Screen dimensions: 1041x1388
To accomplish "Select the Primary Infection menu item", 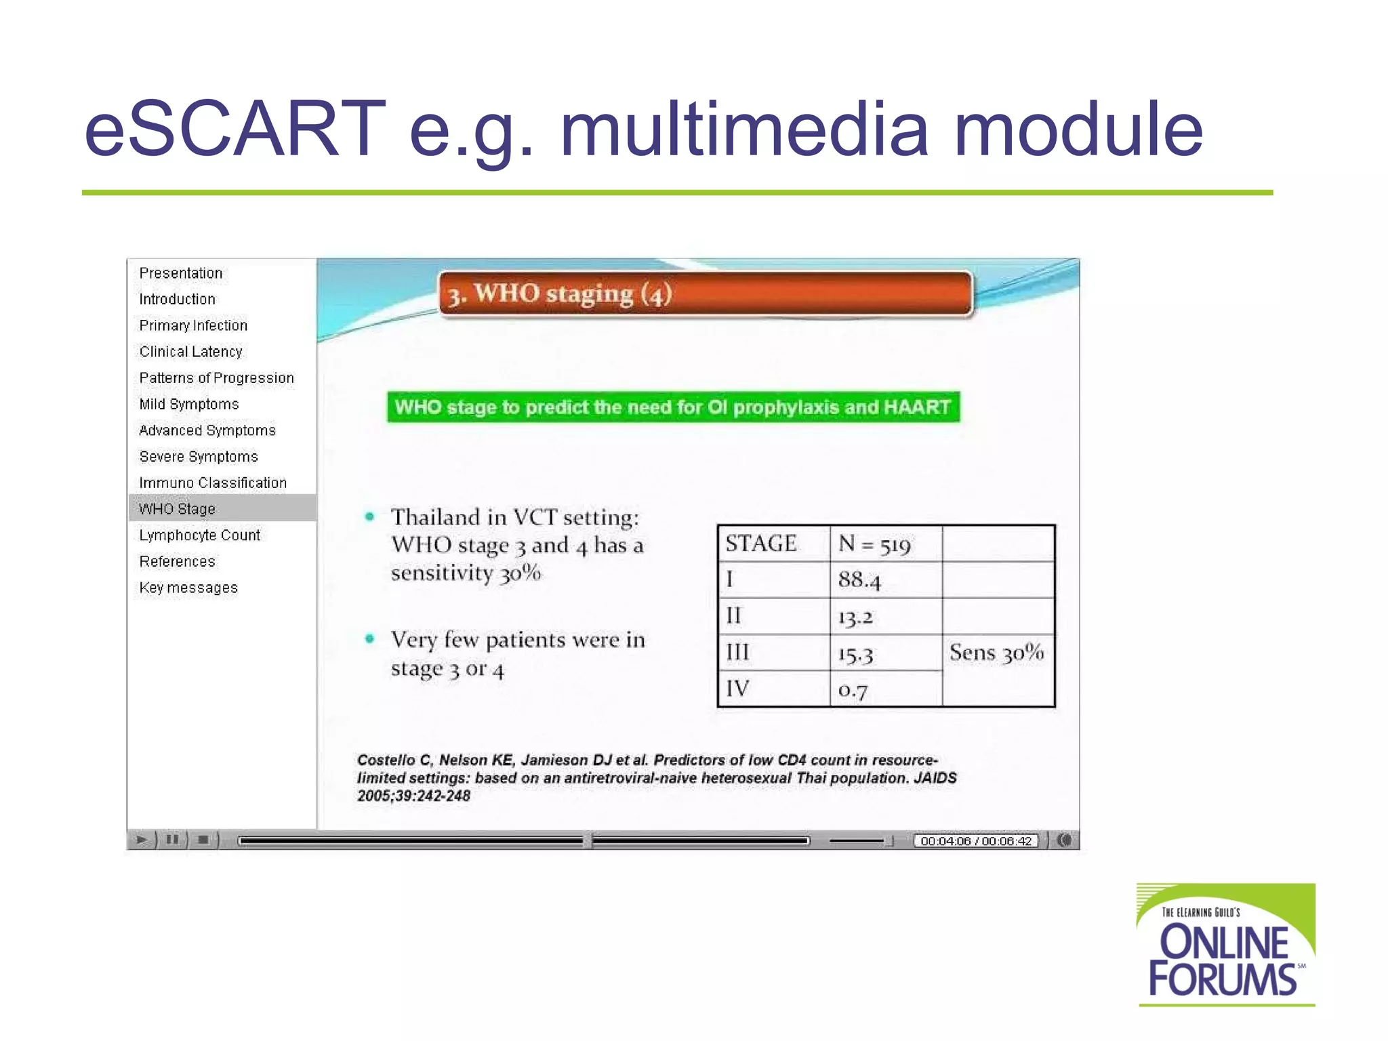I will click(x=193, y=325).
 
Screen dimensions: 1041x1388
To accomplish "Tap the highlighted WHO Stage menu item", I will click(x=178, y=508).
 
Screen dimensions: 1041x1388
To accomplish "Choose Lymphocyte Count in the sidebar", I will click(x=200, y=535).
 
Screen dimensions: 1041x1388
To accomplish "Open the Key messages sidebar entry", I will click(x=188, y=588).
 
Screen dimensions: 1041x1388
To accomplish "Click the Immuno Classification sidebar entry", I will click(x=213, y=483).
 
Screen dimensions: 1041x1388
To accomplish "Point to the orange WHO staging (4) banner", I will click(x=705, y=294).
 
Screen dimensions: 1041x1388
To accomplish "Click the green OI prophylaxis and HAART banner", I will click(x=673, y=407).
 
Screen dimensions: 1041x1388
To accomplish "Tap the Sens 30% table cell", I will click(x=996, y=653).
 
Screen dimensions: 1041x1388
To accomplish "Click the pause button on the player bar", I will click(x=172, y=840).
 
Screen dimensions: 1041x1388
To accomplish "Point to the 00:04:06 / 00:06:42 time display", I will click(x=976, y=841).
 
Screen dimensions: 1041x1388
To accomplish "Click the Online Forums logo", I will click(x=1225, y=945).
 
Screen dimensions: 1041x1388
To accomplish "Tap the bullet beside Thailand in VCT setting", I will click(x=369, y=517).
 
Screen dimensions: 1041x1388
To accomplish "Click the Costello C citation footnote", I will click(x=656, y=777).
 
